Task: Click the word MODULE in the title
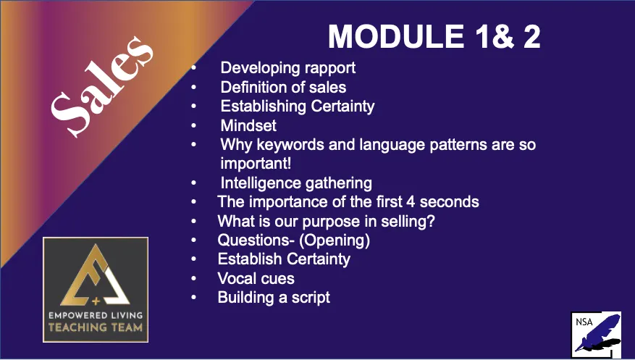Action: point(396,36)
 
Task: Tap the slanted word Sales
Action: point(101,87)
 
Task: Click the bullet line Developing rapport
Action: point(288,68)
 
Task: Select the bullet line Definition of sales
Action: point(284,87)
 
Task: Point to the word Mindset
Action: point(248,125)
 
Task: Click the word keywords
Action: point(290,145)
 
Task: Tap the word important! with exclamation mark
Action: point(256,163)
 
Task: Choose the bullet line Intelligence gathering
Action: point(296,183)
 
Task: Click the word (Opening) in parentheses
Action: point(335,240)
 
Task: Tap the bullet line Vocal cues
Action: point(256,278)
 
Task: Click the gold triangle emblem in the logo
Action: point(95,275)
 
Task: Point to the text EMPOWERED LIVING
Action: point(96,315)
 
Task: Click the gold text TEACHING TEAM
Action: point(96,327)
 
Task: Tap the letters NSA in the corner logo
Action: point(584,322)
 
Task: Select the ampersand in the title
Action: point(503,36)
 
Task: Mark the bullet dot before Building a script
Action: point(194,297)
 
